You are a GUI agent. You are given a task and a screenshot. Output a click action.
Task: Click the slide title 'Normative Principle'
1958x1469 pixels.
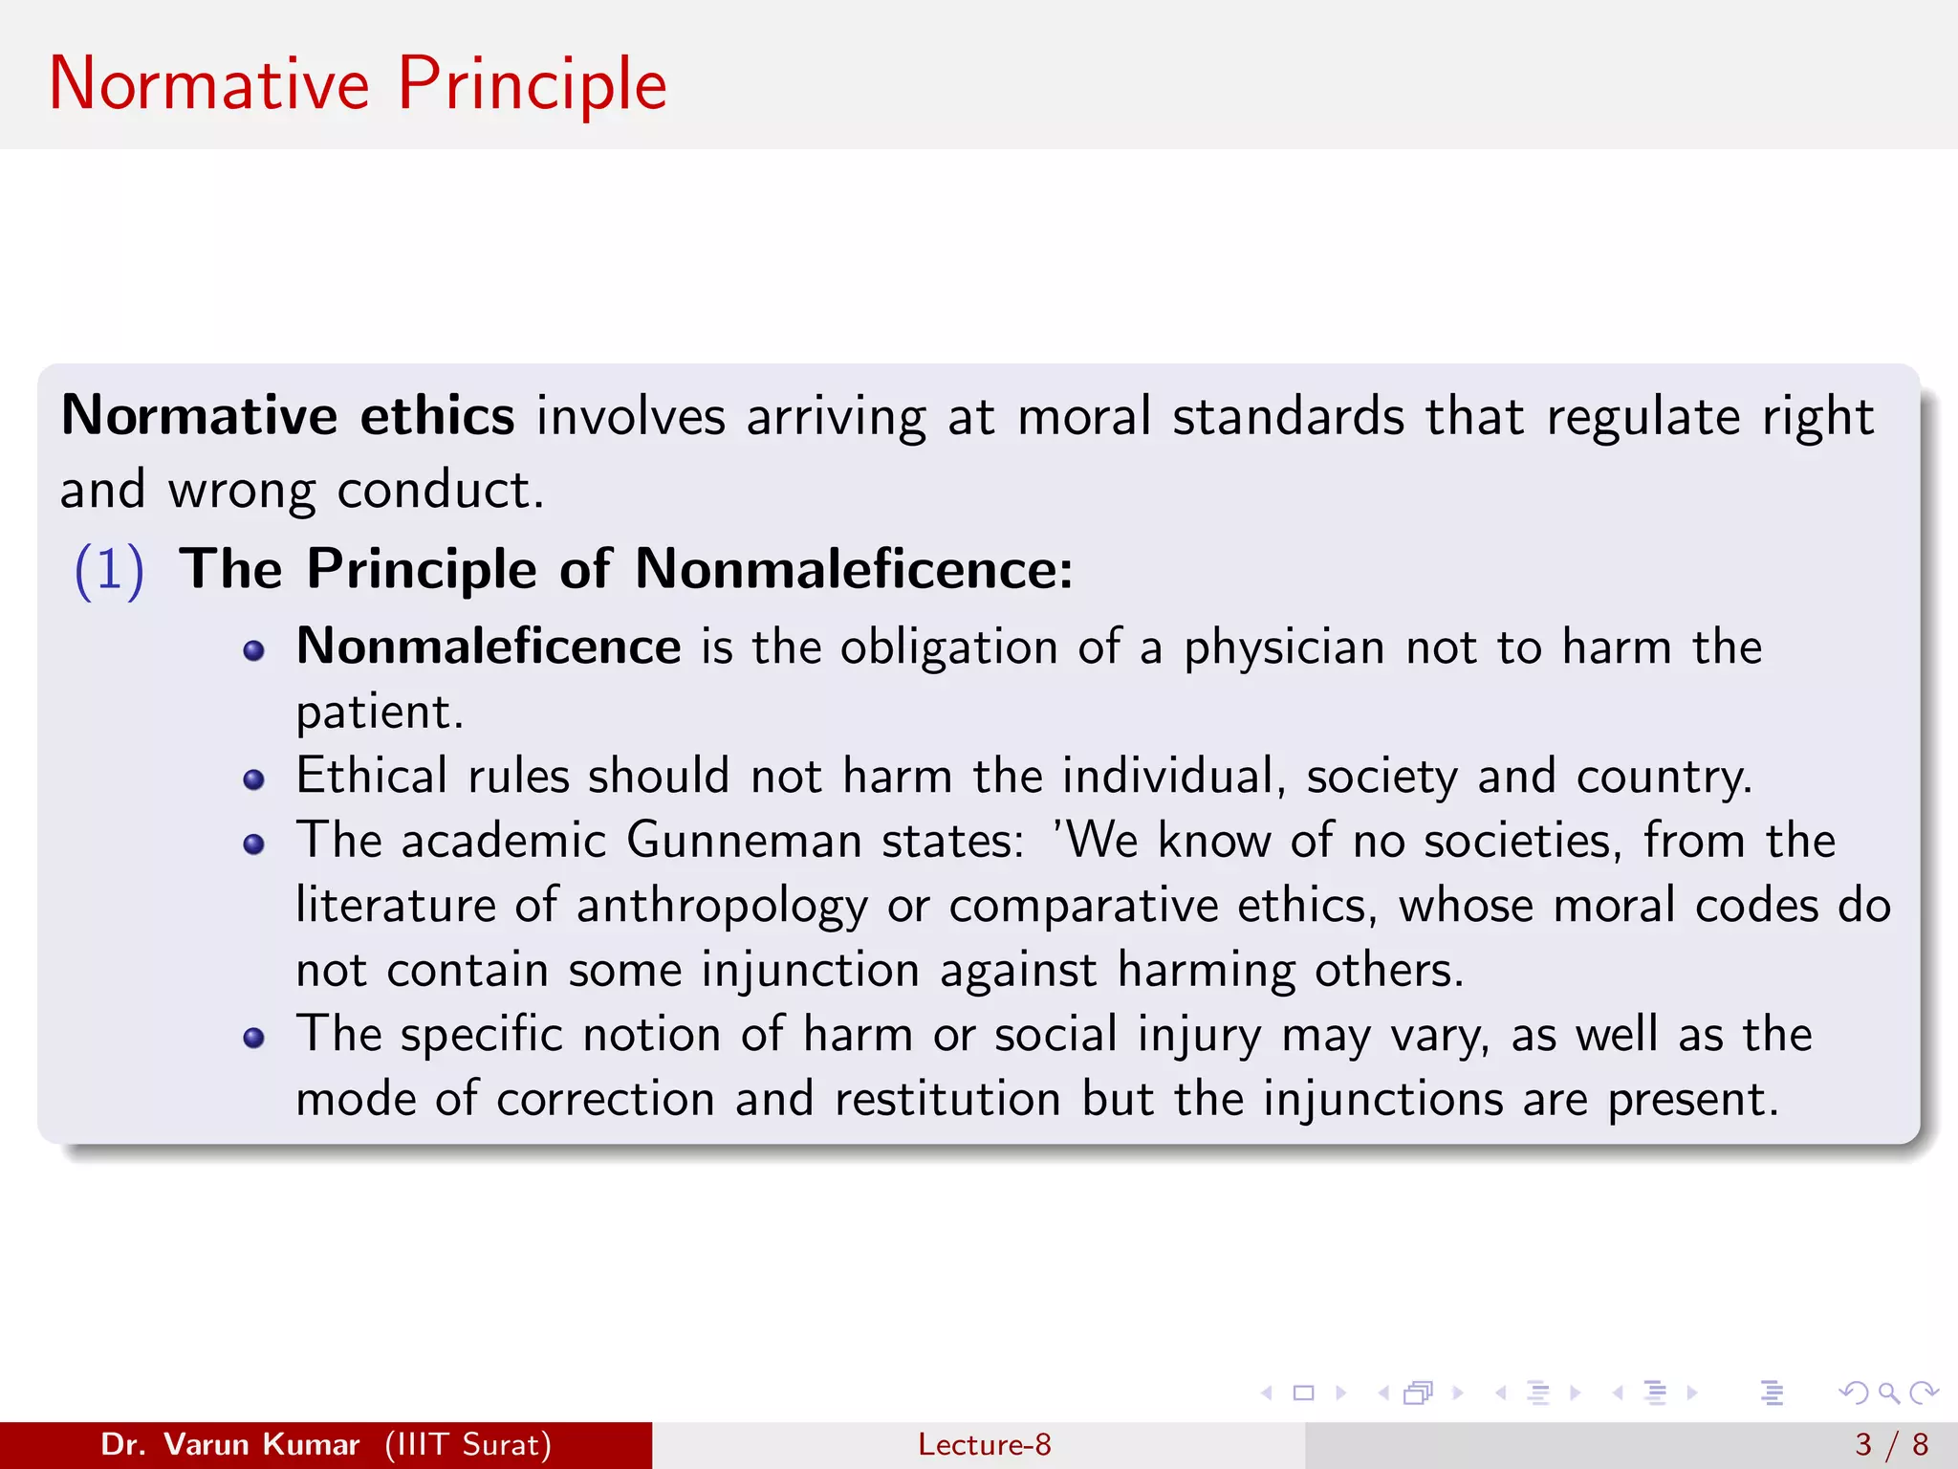tap(358, 84)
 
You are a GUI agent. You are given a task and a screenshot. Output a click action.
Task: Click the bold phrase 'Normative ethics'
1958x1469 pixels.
tap(288, 416)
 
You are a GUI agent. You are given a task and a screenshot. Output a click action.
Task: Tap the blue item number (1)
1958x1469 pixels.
tap(109, 570)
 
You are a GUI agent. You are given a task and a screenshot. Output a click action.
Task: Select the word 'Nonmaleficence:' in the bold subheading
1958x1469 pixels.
tap(854, 569)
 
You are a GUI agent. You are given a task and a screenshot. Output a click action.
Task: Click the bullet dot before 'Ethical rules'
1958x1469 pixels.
tap(253, 779)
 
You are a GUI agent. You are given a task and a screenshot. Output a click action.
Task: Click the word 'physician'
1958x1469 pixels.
tap(1284, 648)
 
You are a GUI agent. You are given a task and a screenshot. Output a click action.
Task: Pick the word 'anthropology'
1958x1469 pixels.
tap(722, 907)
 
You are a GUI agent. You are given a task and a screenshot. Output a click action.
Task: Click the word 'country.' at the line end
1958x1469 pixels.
tap(1664, 777)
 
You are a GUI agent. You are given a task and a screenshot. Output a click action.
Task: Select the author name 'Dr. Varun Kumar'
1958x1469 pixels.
tap(229, 1444)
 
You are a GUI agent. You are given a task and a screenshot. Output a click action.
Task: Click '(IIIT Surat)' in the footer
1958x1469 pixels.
tap(468, 1444)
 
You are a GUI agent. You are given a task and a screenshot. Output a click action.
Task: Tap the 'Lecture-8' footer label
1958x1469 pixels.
tap(984, 1444)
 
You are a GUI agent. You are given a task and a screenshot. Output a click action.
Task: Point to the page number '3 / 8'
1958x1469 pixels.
tap(1891, 1444)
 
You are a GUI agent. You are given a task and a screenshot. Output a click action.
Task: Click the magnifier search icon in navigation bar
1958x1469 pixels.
tap(1888, 1392)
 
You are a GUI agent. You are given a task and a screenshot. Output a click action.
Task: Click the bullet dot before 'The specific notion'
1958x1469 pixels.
tap(253, 1039)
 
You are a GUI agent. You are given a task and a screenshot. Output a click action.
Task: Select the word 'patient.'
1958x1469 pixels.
tap(380, 713)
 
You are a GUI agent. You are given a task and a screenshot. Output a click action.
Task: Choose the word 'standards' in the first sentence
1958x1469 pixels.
tap(1288, 417)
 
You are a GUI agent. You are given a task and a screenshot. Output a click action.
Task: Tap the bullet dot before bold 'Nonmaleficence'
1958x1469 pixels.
tap(253, 651)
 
